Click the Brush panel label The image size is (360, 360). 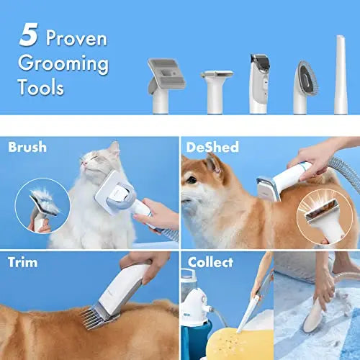pyautogui.click(x=27, y=148)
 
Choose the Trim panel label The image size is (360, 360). pyautogui.click(x=23, y=261)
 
